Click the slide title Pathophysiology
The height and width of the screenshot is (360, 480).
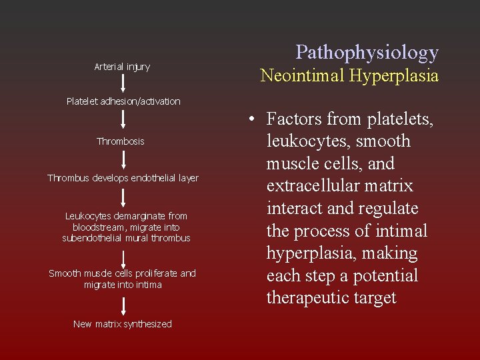pos(367,52)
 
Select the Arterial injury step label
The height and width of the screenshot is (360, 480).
pos(122,67)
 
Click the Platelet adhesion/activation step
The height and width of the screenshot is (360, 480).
pos(123,101)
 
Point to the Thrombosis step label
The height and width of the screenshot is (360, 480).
pos(121,141)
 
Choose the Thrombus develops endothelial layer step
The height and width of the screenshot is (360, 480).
pos(123,178)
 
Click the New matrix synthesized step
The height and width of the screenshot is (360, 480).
pos(123,324)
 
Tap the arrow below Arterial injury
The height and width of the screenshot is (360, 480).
pos(123,83)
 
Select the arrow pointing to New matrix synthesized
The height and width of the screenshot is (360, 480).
pos(123,305)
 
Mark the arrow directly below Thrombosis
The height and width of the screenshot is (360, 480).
pos(123,159)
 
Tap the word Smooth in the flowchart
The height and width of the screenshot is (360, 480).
pos(65,273)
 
